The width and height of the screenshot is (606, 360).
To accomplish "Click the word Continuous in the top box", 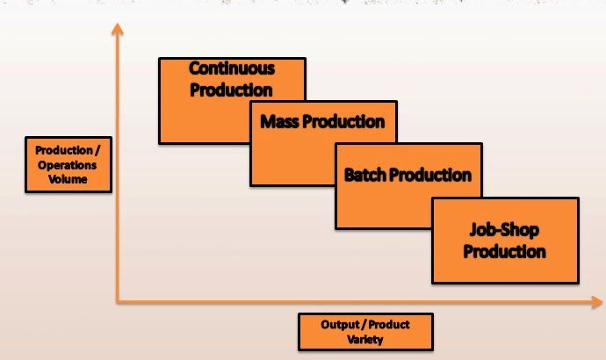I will click(232, 68).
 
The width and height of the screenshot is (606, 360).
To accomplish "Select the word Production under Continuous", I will click(232, 89).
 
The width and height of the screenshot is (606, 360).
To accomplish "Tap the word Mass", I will click(280, 122).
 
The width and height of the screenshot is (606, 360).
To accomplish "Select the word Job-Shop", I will click(504, 231).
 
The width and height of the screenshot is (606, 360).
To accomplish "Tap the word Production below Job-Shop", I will click(504, 252).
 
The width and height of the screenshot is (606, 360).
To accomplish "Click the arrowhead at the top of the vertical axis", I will click(116, 29).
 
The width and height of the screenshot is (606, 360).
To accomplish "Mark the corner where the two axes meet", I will click(117, 304).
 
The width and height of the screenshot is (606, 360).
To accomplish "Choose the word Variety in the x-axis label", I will click(365, 340).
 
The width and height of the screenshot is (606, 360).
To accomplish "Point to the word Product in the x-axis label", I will click(387, 325).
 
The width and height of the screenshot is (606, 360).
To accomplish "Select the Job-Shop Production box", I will click(504, 241).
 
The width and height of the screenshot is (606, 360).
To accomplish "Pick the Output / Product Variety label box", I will click(365, 332).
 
